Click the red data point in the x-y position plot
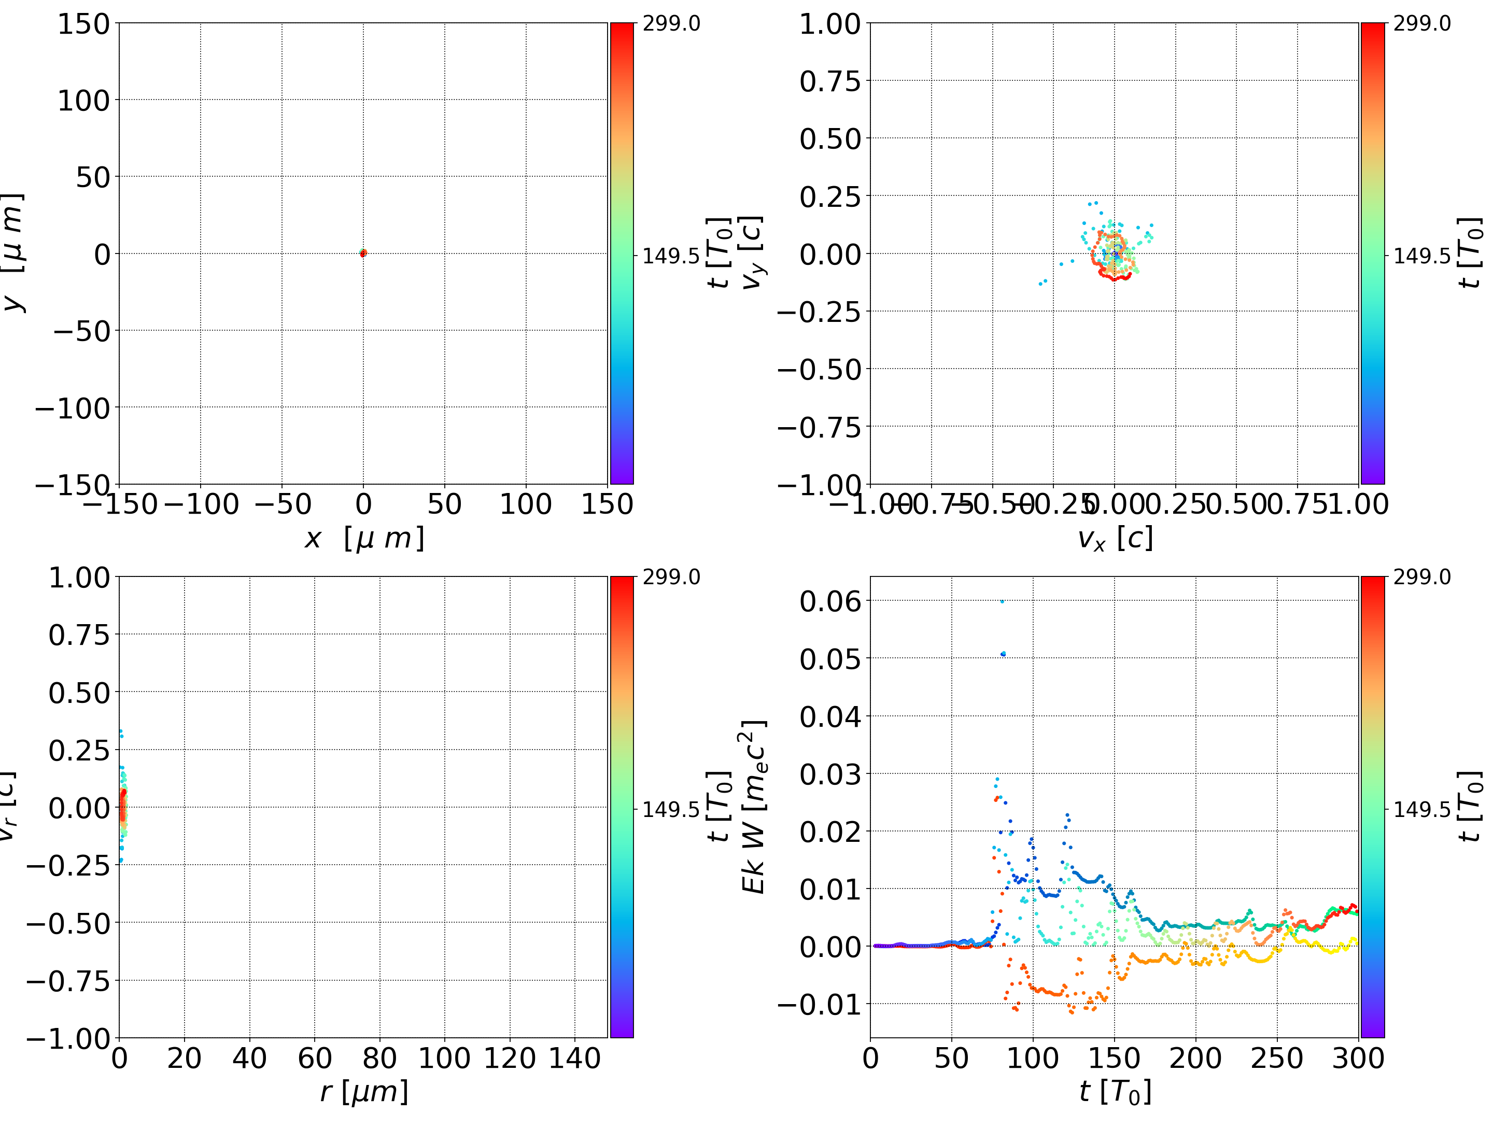(x=363, y=253)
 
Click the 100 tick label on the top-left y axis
(x=83, y=101)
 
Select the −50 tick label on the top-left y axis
(x=81, y=331)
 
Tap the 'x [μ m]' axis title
(x=364, y=539)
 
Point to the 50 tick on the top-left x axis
(x=444, y=504)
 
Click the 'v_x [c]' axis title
(x=1115, y=539)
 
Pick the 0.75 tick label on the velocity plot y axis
(x=830, y=82)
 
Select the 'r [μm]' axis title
(x=364, y=1092)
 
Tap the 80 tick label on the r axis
(x=379, y=1059)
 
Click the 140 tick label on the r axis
(x=574, y=1059)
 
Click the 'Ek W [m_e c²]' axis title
(x=754, y=807)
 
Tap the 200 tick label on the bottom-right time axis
(x=1195, y=1059)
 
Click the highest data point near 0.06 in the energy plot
(x=1002, y=601)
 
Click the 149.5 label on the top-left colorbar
(x=671, y=257)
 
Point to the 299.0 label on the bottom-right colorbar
(x=1422, y=577)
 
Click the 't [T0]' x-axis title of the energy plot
(x=1115, y=1092)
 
